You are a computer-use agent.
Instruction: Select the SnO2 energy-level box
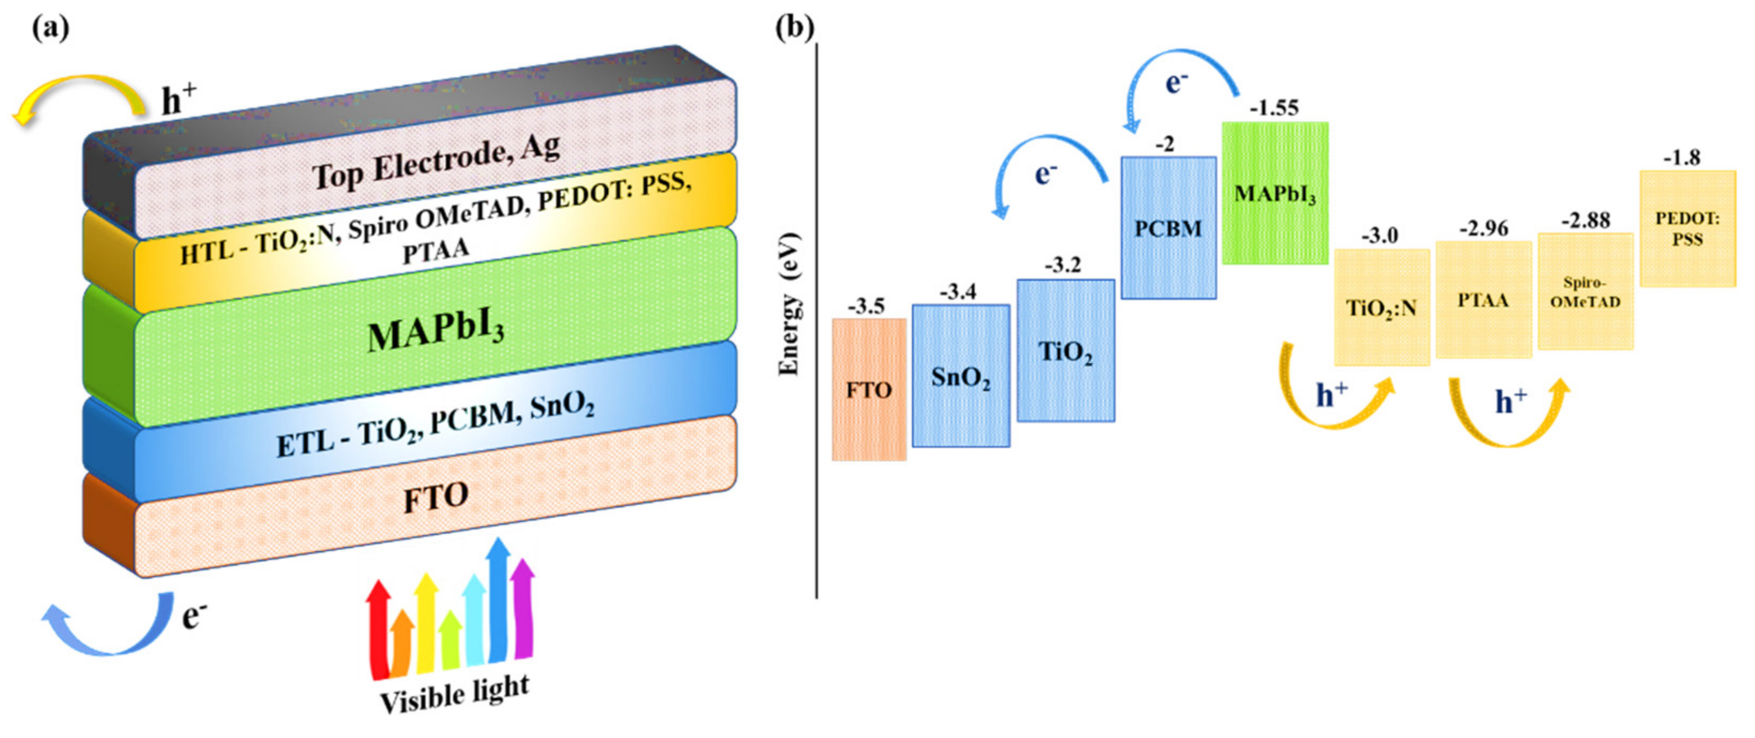tap(961, 375)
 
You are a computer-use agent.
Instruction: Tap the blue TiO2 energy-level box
tap(1066, 350)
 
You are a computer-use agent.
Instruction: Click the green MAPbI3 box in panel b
tap(1275, 193)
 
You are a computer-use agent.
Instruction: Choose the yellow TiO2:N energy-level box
tap(1381, 307)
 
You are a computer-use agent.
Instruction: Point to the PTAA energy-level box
tap(1483, 300)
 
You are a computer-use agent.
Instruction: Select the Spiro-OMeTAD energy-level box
tap(1586, 292)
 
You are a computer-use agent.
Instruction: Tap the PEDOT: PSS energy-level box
tap(1687, 228)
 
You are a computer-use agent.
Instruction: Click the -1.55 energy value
tap(1274, 108)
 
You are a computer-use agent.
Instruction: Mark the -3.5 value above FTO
tap(866, 307)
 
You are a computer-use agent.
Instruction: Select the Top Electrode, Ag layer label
tap(436, 162)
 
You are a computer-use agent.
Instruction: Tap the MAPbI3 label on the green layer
tap(436, 332)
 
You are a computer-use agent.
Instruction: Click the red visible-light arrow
tap(378, 630)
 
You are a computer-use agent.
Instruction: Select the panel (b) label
tap(794, 28)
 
